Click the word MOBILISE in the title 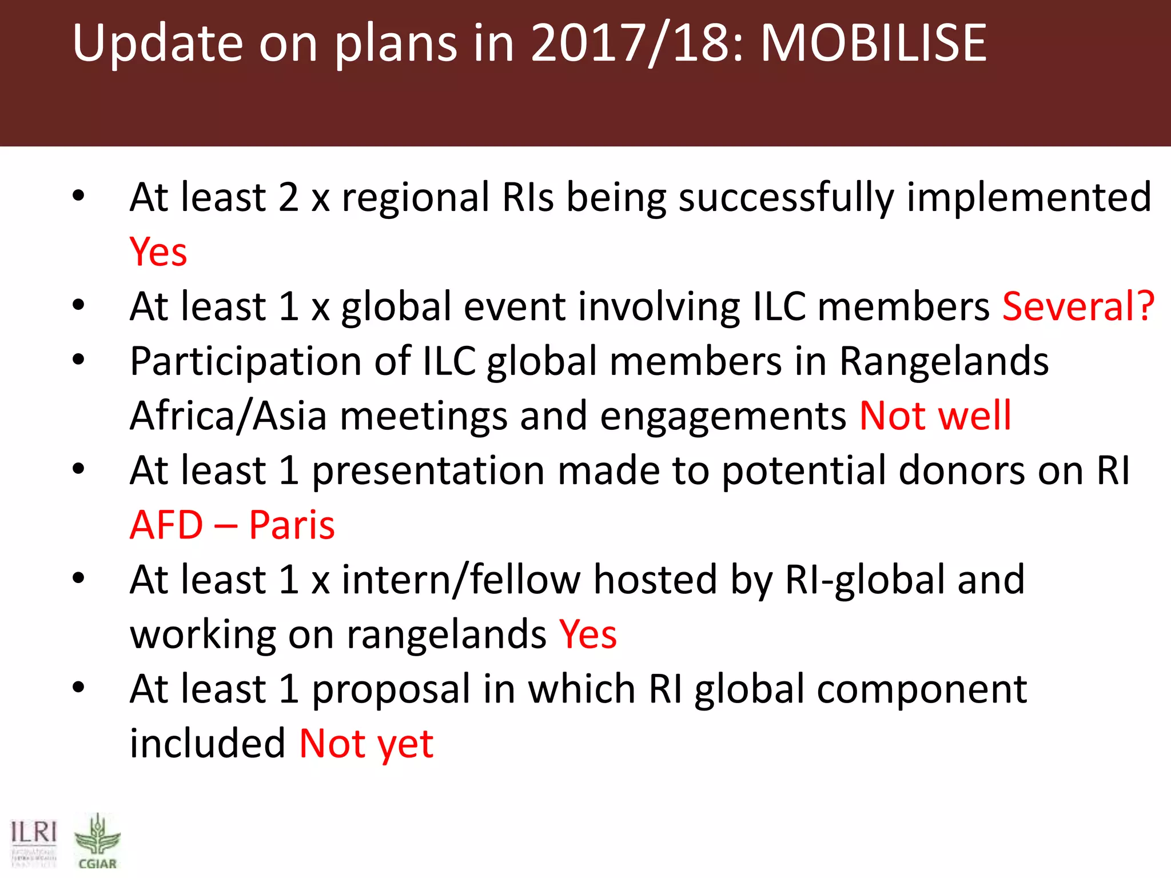coord(874,43)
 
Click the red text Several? coord(1078,306)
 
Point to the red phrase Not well coord(935,416)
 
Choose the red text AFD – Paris coord(232,525)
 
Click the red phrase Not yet coord(367,744)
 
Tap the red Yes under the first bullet coord(158,252)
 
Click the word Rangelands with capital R coord(944,362)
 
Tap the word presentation coord(428,471)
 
